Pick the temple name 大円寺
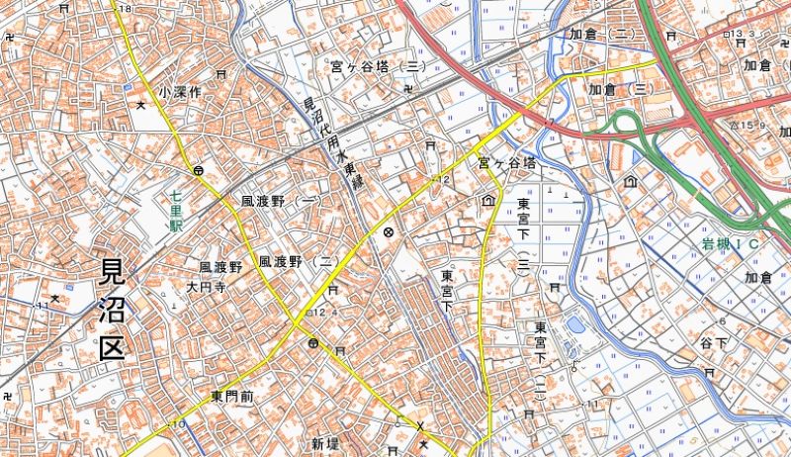(207, 288)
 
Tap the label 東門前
(232, 396)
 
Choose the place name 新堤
(325, 441)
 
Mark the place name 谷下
(713, 342)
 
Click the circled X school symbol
(388, 233)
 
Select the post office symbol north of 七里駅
(199, 170)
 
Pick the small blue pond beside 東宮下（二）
(574, 325)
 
